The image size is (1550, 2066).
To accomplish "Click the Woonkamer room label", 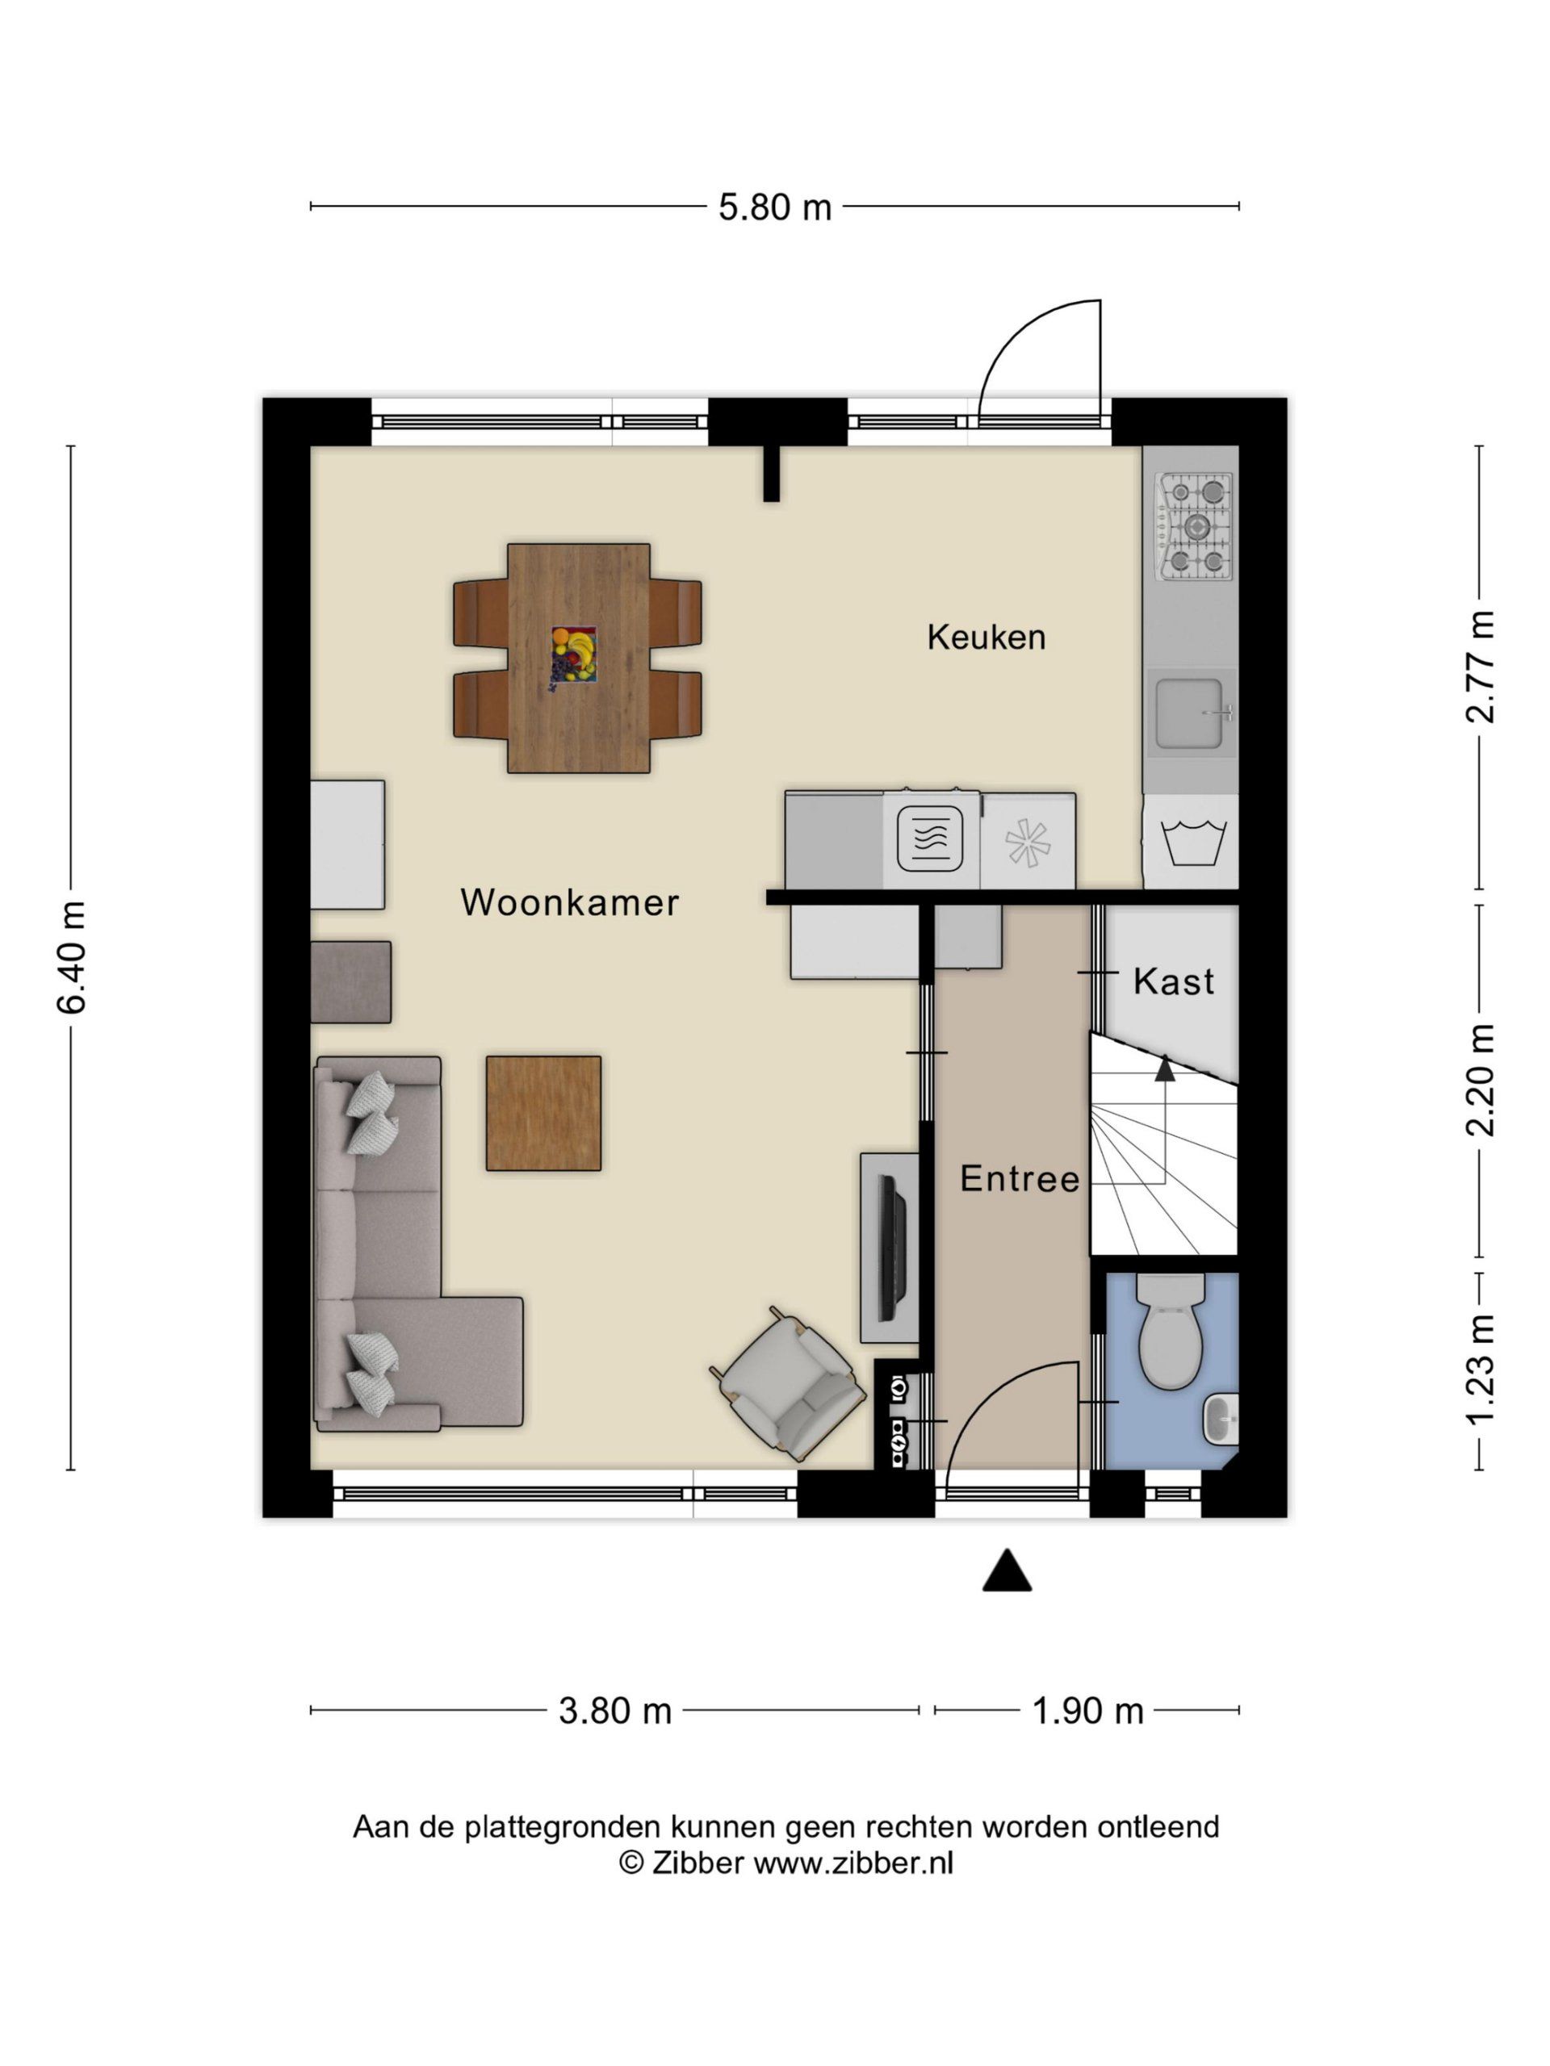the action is point(569,902).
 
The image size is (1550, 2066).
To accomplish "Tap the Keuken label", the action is point(986,637).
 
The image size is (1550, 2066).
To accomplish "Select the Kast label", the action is point(1174,981).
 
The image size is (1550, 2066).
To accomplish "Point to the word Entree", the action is point(1020,1179).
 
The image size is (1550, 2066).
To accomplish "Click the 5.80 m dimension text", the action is point(774,207).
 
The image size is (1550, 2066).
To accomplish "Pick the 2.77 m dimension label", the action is point(1479,666).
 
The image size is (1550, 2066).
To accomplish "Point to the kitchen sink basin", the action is point(1189,713).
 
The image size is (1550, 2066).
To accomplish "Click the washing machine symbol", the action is point(1190,842).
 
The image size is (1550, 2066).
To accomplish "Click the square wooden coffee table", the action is point(542,1112).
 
